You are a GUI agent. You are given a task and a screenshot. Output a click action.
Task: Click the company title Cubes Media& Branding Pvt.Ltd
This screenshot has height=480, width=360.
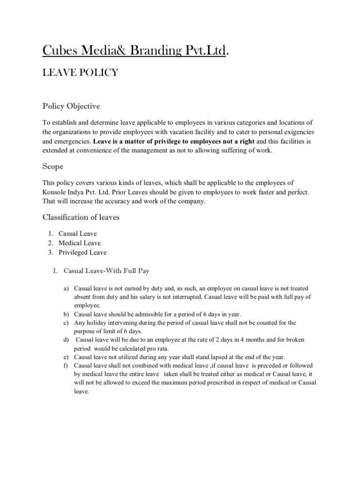[x=135, y=51]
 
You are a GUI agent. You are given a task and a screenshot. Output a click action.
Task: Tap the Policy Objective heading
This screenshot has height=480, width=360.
[x=71, y=106]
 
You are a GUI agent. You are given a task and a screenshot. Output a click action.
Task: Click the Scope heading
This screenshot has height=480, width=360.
[x=53, y=166]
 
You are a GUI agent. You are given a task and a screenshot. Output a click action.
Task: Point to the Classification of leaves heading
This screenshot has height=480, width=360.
[x=81, y=217]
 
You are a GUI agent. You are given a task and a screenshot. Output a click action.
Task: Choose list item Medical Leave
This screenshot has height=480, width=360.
[x=79, y=243]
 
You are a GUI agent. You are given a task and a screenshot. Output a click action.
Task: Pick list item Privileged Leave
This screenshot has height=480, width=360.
[x=82, y=252]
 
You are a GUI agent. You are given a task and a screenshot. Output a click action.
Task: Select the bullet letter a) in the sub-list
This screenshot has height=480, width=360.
[x=66, y=288]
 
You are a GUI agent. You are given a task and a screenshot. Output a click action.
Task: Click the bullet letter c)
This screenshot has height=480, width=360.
[x=66, y=323]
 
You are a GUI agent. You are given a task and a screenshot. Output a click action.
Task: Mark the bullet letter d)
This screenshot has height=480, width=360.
[x=66, y=339]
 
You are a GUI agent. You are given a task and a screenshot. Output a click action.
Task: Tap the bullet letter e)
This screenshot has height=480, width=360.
[x=66, y=357]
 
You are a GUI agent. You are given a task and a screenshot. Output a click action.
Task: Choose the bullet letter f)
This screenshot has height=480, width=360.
[x=66, y=365]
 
